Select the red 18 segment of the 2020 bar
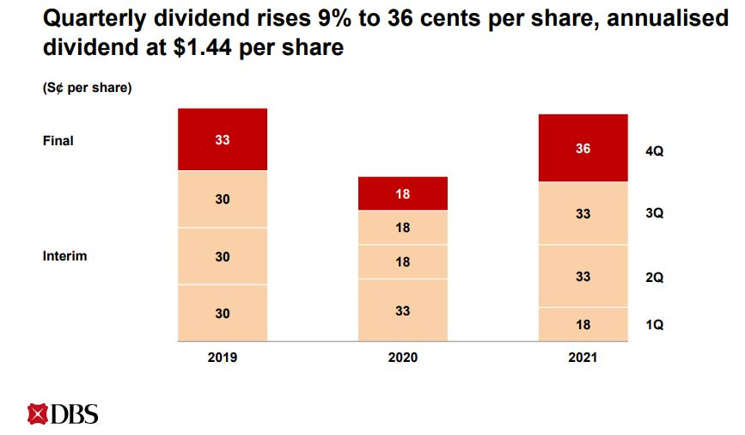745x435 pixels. tap(403, 193)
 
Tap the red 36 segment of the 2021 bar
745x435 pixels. tap(583, 148)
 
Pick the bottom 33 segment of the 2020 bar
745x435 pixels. tap(403, 309)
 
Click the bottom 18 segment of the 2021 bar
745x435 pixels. tap(583, 324)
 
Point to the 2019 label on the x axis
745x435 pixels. tap(223, 357)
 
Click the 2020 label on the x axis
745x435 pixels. tap(403, 357)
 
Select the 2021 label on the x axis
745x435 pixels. tap(583, 358)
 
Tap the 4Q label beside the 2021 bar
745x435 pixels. tap(655, 151)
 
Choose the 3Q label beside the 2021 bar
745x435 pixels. tap(655, 213)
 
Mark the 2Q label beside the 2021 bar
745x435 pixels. tap(655, 278)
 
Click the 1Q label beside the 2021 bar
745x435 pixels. tap(655, 325)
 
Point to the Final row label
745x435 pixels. tap(58, 140)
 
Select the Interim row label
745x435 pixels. tap(64, 256)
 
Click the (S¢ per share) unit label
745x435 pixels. tap(87, 88)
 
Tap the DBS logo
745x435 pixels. tap(63, 414)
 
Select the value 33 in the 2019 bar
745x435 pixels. tap(223, 139)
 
